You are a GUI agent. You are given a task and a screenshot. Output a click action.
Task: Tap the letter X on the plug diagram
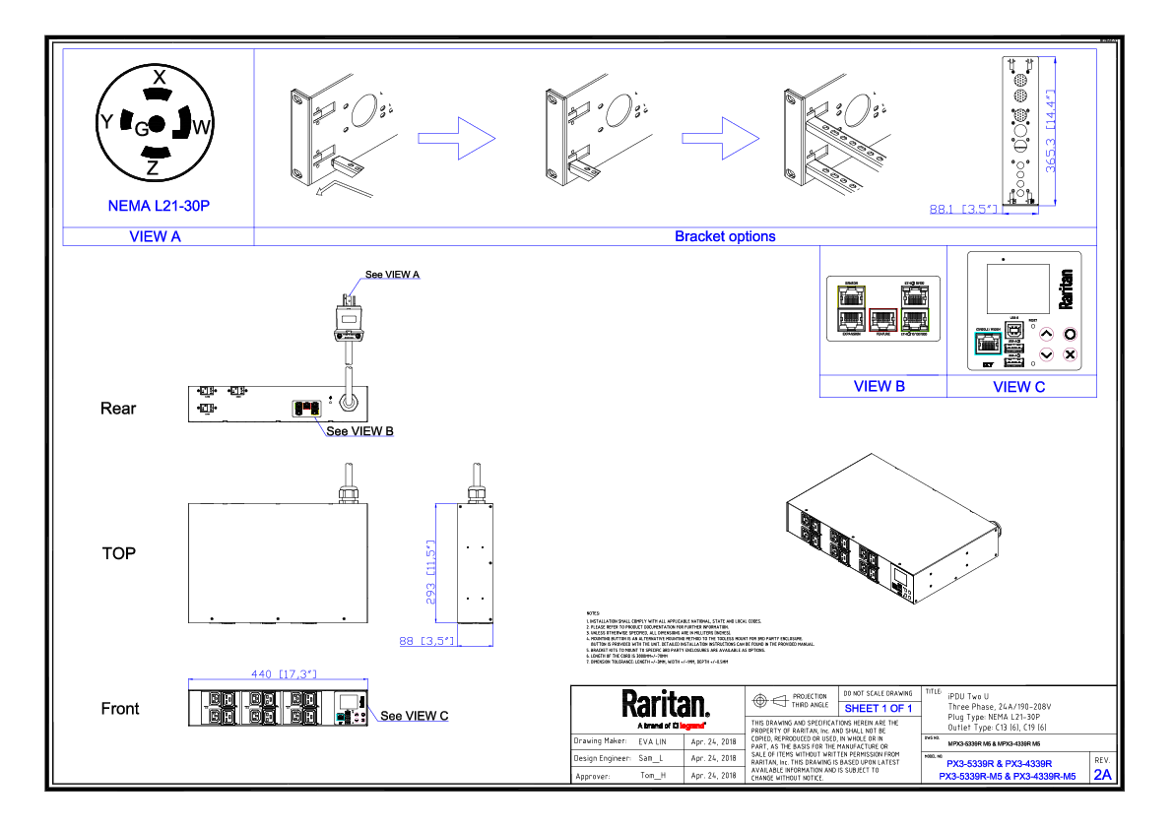(x=158, y=76)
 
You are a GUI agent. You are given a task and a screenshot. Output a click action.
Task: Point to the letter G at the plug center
(x=141, y=127)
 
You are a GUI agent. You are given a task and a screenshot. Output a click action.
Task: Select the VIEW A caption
(x=156, y=236)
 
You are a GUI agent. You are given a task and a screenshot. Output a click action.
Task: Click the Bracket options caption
(x=725, y=236)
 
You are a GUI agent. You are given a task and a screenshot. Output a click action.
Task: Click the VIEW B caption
(x=879, y=387)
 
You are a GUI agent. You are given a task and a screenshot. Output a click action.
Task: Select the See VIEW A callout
(x=393, y=274)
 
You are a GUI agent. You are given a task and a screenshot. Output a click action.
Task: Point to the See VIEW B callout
(x=359, y=431)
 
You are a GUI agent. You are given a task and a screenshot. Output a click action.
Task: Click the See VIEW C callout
(x=414, y=716)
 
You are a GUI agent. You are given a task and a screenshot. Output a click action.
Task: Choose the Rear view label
(x=119, y=409)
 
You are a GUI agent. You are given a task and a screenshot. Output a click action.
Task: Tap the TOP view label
(x=119, y=553)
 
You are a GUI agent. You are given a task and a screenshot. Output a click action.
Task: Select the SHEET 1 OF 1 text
(x=879, y=709)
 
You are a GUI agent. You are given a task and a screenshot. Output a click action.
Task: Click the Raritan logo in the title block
(x=665, y=705)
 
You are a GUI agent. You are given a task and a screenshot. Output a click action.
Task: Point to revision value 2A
(x=1103, y=775)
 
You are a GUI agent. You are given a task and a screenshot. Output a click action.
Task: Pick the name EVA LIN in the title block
(x=652, y=740)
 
